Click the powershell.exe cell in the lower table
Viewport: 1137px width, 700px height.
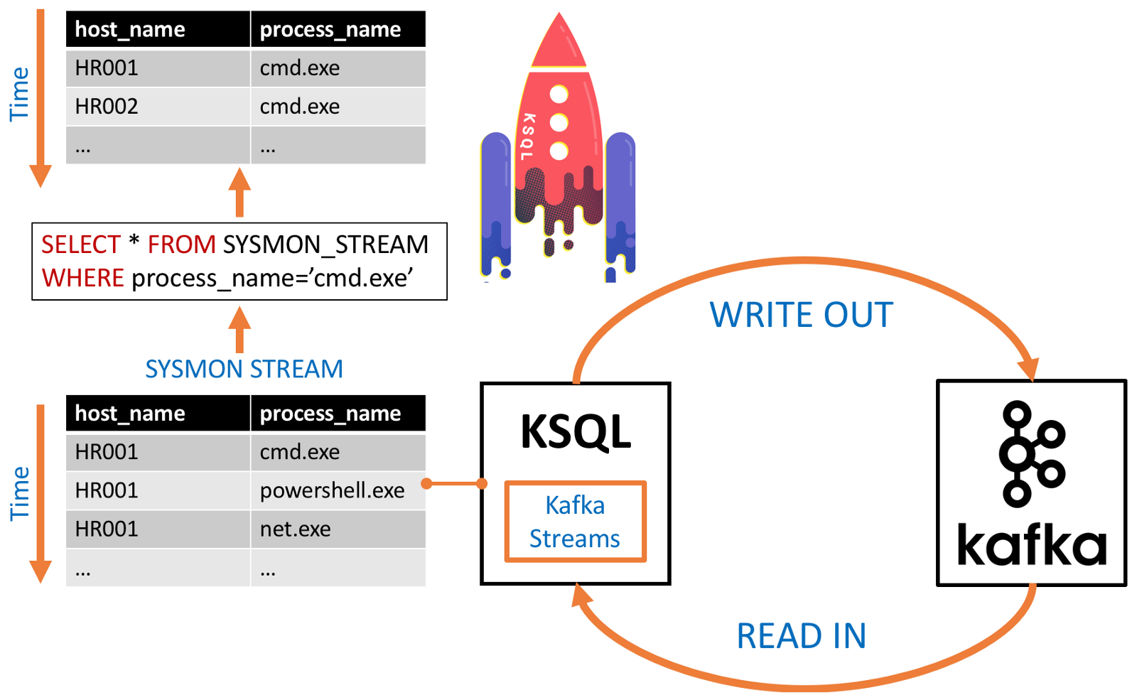[x=332, y=490]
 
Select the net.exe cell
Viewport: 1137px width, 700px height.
[x=296, y=529]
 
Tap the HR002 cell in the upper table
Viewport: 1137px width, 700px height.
[x=107, y=107]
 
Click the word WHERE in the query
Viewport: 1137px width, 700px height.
[x=82, y=278]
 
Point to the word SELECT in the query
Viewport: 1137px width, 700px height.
[x=80, y=244]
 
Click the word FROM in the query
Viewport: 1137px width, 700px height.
[x=181, y=244]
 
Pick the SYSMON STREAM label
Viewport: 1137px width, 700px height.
[x=244, y=369]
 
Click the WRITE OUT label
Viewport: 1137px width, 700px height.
[x=801, y=315]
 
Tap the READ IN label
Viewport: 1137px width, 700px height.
[x=801, y=636]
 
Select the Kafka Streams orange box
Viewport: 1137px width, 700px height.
[x=575, y=522]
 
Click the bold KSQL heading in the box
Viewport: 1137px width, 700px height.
[x=575, y=431]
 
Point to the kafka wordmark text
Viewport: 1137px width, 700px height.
[x=1031, y=546]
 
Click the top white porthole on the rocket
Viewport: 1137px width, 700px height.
[x=559, y=94]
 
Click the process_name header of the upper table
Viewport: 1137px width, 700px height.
[x=330, y=30]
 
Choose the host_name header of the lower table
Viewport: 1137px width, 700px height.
[x=130, y=414]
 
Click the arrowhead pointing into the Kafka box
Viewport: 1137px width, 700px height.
[x=1029, y=369]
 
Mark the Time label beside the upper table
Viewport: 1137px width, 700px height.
[x=19, y=95]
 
